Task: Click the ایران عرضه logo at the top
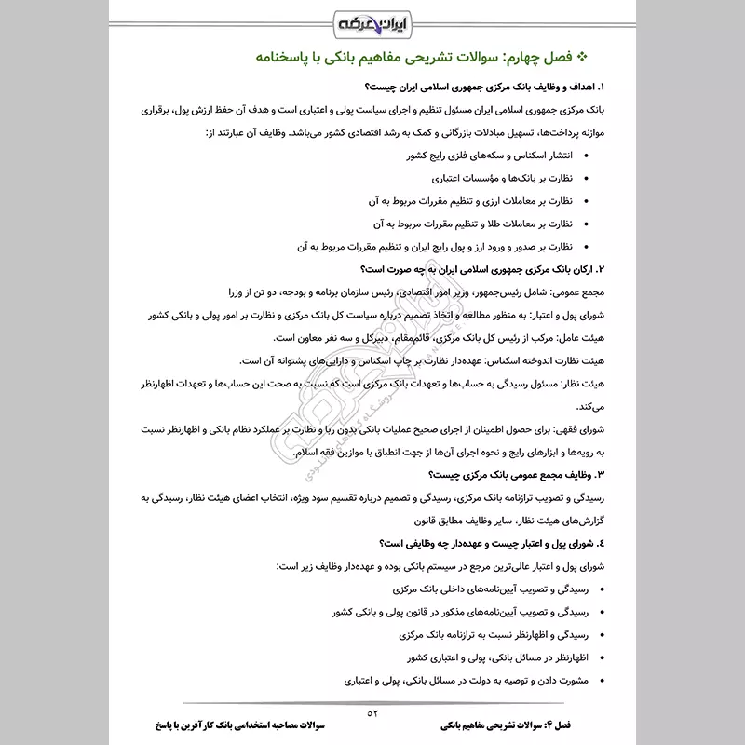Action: (x=373, y=20)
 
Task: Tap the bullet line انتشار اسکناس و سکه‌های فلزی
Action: (x=490, y=155)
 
